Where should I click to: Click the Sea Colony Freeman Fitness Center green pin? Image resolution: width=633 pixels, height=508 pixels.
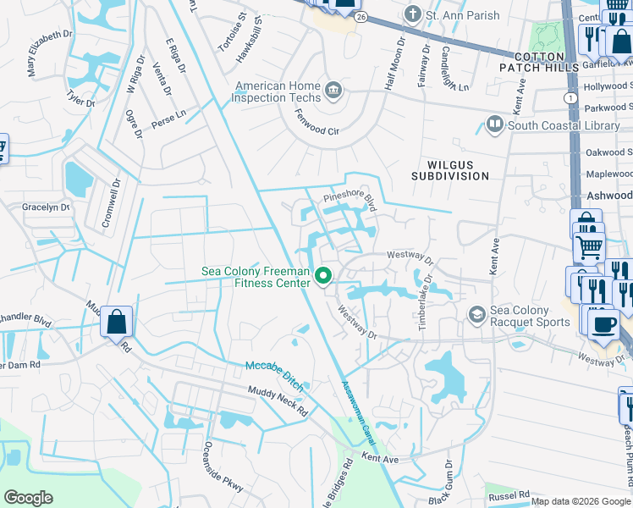[x=322, y=276]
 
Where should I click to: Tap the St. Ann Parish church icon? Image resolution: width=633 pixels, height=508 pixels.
[x=412, y=14]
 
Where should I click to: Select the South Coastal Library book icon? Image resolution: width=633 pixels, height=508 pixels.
[x=495, y=125]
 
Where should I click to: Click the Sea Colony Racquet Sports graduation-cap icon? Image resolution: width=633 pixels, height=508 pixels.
[x=476, y=315]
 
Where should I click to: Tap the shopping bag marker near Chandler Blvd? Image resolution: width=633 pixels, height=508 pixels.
[x=116, y=322]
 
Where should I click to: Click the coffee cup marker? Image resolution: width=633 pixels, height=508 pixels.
[x=603, y=324]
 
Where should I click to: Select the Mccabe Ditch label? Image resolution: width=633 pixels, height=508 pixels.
[x=273, y=369]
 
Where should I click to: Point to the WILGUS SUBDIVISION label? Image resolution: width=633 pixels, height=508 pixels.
[x=449, y=169]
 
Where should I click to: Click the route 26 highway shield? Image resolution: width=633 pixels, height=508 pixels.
[x=361, y=17]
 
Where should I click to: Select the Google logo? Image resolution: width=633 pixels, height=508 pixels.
[x=29, y=497]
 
